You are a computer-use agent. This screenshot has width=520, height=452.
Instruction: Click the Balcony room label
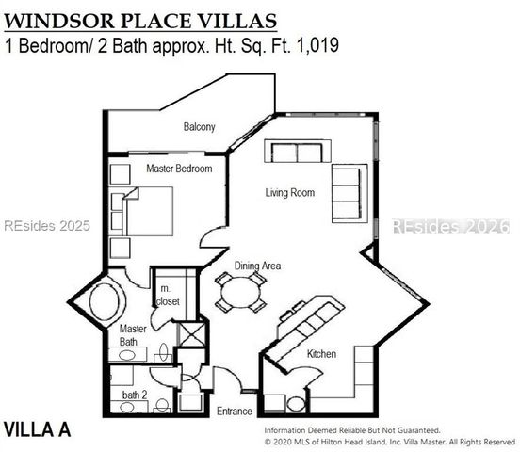[199, 127]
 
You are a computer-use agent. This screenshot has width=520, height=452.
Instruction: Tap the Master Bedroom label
[179, 169]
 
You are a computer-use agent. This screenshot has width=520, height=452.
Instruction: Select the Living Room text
[288, 193]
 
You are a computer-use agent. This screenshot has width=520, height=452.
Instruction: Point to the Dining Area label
[258, 266]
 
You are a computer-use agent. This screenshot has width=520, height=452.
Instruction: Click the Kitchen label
[322, 354]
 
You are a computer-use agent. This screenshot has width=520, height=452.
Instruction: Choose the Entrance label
[235, 412]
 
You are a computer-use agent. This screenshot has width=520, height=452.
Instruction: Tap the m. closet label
[170, 295]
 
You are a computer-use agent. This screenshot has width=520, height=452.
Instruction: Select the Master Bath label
[132, 335]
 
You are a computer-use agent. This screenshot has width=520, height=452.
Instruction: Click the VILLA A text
[38, 429]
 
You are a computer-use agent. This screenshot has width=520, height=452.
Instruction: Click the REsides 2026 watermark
[449, 227]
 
